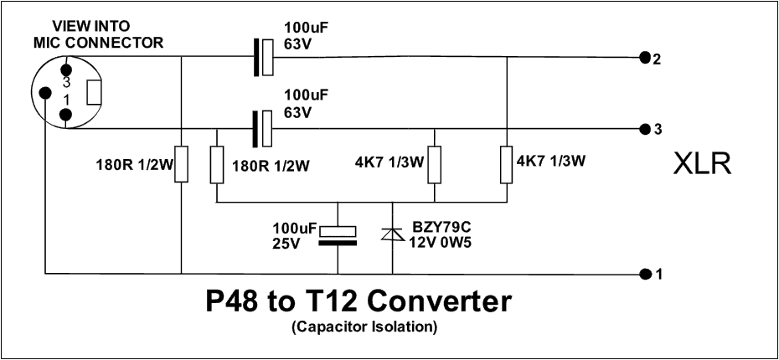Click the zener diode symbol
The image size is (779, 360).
pyautogui.click(x=393, y=236)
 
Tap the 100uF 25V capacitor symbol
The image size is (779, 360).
pyautogui.click(x=338, y=236)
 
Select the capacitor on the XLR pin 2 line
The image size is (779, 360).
pyautogui.click(x=263, y=57)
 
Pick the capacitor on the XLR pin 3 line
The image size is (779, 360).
pyautogui.click(x=263, y=129)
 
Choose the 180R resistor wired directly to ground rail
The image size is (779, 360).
pyautogui.click(x=182, y=164)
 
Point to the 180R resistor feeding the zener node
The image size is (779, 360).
pyautogui.click(x=217, y=164)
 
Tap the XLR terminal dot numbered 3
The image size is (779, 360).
pyautogui.click(x=643, y=129)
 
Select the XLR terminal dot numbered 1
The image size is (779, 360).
pyautogui.click(x=643, y=274)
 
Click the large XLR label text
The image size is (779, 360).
pyautogui.click(x=703, y=165)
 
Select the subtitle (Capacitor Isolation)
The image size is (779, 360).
pyautogui.click(x=364, y=327)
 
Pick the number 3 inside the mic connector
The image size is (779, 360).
pyautogui.click(x=66, y=83)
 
